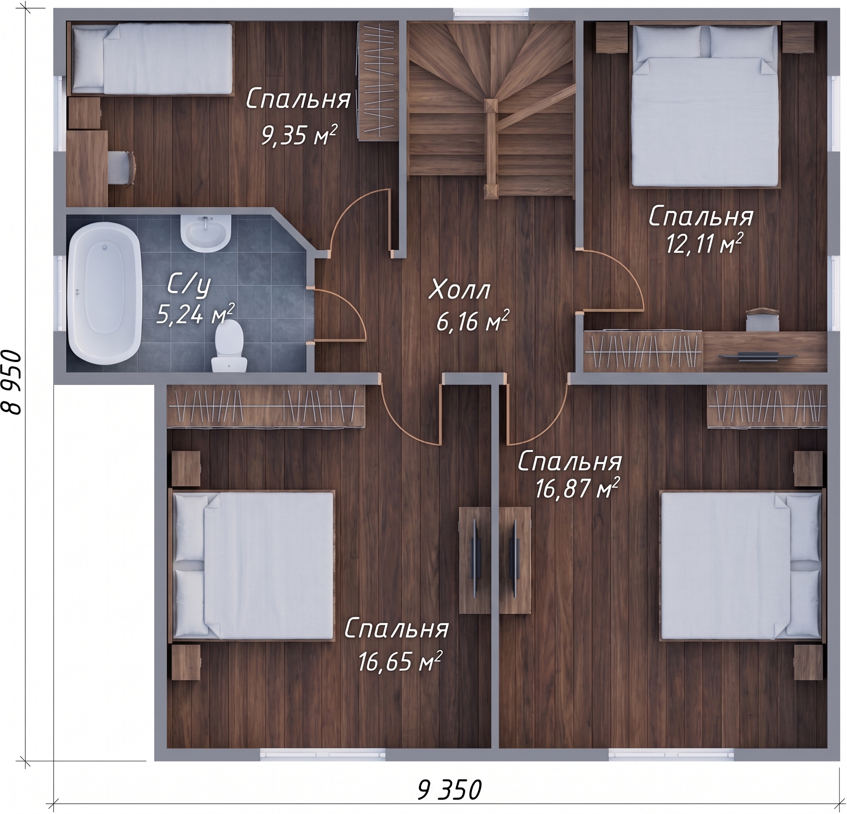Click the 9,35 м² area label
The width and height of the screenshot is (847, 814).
coord(298,135)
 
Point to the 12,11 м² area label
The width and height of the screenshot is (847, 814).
coord(704,244)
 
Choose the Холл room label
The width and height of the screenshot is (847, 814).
coord(459,291)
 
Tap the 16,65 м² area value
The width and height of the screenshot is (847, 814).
coord(399,661)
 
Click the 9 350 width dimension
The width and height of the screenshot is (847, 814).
coord(449,790)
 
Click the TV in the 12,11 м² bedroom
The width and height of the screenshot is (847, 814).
coord(758,356)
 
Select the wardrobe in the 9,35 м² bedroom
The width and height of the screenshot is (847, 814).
coord(379,81)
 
